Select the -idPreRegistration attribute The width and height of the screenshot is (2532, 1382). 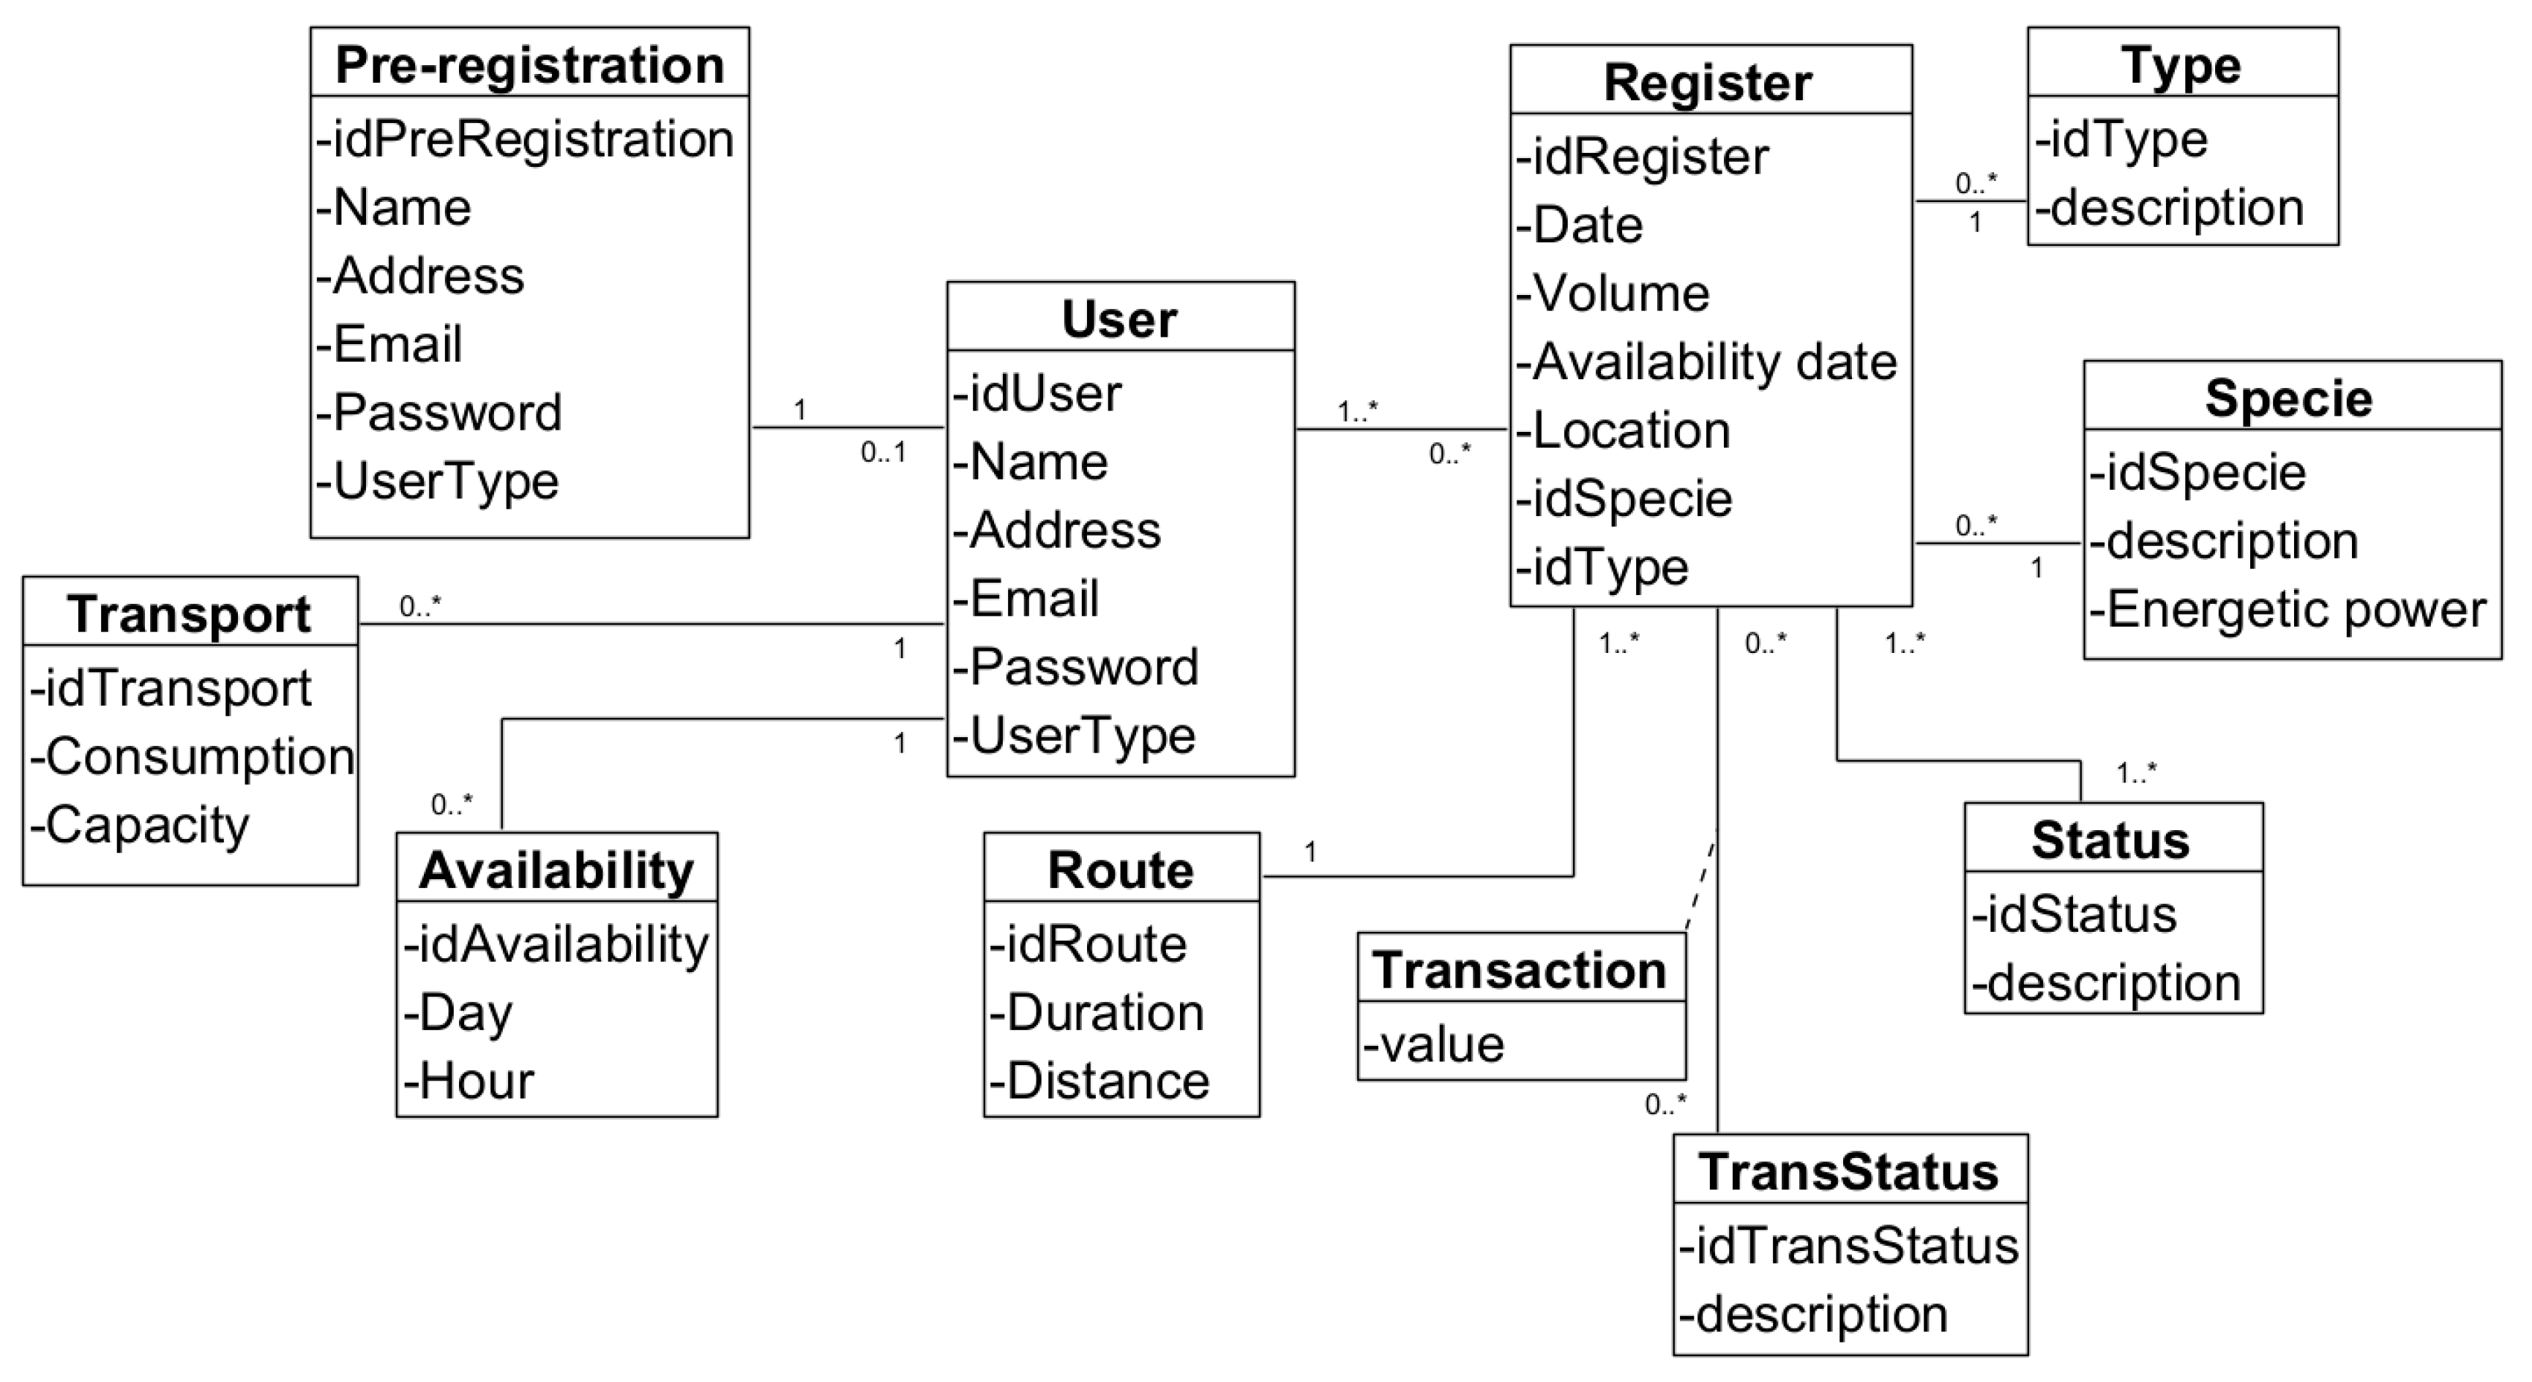tap(525, 138)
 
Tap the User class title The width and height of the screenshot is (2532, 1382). tap(1119, 319)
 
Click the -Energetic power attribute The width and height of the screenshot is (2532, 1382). tap(2288, 610)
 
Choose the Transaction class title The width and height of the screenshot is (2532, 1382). tap(1520, 970)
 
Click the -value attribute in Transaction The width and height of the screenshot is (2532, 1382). tap(1434, 1044)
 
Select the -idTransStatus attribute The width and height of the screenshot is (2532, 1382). tap(1848, 1245)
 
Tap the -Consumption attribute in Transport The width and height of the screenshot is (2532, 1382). tap(193, 757)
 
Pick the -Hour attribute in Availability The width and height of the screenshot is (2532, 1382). tap(469, 1080)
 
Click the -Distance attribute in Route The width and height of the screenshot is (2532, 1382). tap(1099, 1080)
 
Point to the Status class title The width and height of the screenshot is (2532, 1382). tap(2110, 840)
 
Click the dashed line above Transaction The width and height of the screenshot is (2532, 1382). tap(1701, 885)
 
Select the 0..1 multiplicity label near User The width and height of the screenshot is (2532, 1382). tap(883, 453)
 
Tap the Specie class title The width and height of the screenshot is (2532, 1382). tap(2288, 398)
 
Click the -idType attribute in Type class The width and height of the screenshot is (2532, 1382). tap(2121, 138)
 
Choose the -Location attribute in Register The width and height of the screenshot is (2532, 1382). tap(1623, 430)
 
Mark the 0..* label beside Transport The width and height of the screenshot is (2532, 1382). tap(419, 607)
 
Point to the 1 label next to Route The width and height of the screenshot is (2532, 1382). tap(1310, 852)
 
